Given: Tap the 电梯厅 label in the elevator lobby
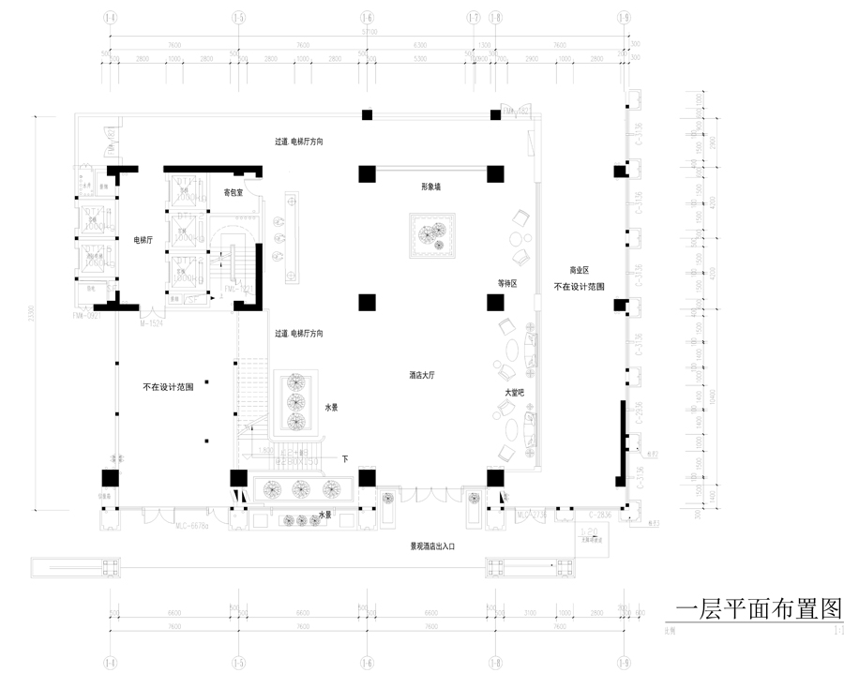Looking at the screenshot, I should (x=143, y=241).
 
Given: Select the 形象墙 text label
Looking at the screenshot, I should (x=430, y=187).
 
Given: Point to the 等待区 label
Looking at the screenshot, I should (x=507, y=282).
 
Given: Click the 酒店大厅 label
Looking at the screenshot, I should (x=423, y=374).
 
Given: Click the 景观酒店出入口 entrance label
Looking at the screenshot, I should (x=431, y=545).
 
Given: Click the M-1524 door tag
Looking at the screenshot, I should (x=150, y=324).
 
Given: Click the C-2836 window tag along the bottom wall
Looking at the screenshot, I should (x=600, y=516).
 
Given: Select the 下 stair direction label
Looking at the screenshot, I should (x=344, y=459).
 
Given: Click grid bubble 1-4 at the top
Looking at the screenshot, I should (x=111, y=18).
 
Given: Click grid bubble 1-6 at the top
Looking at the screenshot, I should (x=366, y=18).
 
